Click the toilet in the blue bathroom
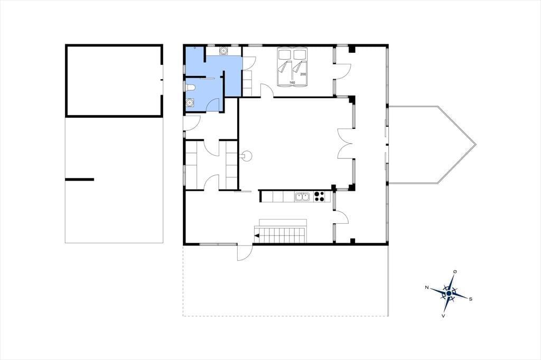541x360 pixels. point(190,88)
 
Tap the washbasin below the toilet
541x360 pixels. point(190,102)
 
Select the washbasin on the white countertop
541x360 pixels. point(223,51)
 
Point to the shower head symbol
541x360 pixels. point(195,48)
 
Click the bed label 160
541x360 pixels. point(292,83)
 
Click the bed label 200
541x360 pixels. point(303,74)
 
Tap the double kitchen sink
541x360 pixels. point(303,197)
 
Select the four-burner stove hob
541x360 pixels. point(319,197)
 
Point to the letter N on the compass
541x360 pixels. point(427,287)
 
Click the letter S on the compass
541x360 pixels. point(471,299)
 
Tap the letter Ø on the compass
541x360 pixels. point(455,272)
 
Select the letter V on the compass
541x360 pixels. point(443,315)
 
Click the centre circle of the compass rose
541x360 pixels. point(449,293)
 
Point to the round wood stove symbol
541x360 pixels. point(247,156)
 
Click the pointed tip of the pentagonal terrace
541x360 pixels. point(476,145)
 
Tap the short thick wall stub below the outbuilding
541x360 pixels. point(79,179)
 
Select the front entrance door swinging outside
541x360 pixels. point(244,252)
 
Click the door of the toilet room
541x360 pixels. point(213,105)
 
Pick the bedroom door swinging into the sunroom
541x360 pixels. point(343,71)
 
